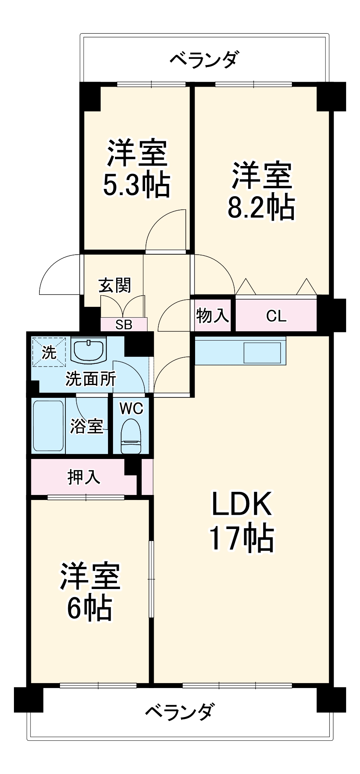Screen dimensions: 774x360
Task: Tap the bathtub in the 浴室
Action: coord(48,426)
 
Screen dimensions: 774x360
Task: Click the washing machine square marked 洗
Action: coord(49,352)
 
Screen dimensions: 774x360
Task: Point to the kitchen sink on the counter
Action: coord(262,353)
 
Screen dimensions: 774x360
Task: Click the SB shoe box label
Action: coord(124,325)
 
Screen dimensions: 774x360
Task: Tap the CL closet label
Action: coord(276,316)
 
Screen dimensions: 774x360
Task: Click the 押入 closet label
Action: coord(84,477)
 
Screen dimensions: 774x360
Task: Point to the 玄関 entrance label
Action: coord(115,285)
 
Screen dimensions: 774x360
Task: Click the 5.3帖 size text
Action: coord(136,185)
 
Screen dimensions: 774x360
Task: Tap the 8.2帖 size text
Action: coord(261,207)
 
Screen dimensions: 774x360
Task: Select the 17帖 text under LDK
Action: coord(242,538)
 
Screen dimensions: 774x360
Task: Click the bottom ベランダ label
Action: coord(179,711)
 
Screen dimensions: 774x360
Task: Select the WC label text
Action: coord(131,408)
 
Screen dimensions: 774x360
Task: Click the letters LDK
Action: coord(242,504)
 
